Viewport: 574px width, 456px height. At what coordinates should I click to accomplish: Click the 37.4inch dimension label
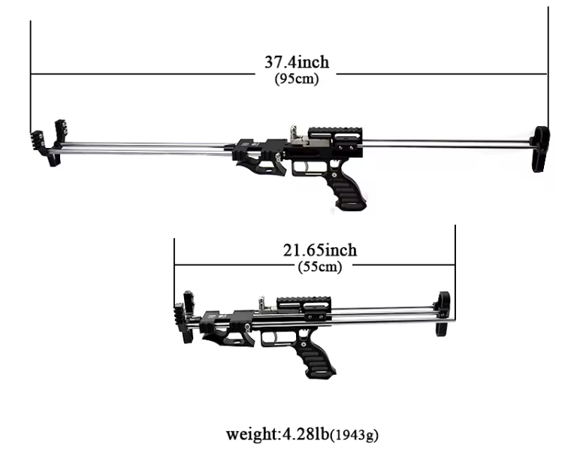pos(297,62)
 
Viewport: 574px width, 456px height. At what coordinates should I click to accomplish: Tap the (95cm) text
pos(297,79)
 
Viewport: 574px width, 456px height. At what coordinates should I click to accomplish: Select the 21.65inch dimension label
pos(320,250)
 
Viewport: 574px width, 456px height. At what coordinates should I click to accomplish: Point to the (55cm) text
pos(320,267)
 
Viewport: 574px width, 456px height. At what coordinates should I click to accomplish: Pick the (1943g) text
pos(354,435)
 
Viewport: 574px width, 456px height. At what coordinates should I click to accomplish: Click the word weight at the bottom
pos(252,434)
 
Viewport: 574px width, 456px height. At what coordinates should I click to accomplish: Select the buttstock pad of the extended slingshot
pos(541,149)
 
